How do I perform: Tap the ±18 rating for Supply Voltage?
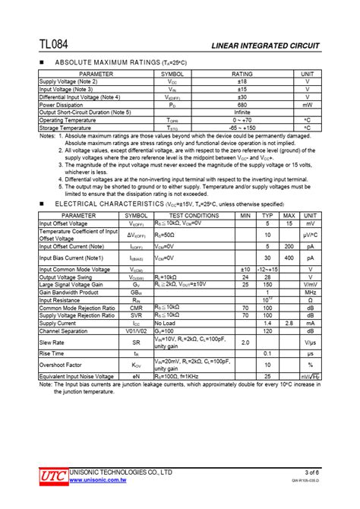click(x=242, y=81)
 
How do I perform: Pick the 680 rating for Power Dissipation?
click(x=242, y=105)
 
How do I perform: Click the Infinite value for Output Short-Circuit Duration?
click(x=242, y=112)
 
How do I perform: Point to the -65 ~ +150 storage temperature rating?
click(x=242, y=128)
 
